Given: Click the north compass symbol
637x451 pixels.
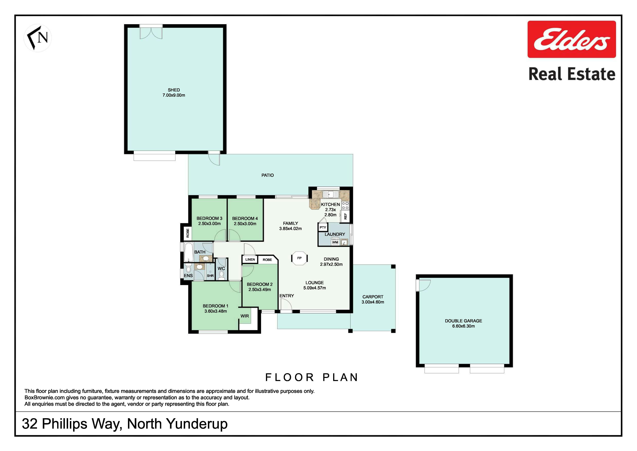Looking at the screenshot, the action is click(38, 38).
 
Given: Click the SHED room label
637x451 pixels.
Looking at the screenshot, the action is click(174, 90).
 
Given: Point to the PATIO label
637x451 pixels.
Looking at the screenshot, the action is click(267, 175).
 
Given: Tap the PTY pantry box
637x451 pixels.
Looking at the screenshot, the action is click(323, 227).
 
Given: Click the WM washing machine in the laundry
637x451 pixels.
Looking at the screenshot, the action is click(335, 242).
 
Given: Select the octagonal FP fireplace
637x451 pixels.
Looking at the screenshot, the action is click(299, 258).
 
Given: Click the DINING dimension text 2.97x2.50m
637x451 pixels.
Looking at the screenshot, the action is click(331, 264).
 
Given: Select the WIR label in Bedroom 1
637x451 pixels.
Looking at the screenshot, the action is click(245, 316).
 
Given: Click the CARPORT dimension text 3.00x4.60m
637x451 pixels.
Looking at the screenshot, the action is click(373, 302).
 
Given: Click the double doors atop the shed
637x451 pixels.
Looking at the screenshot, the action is click(151, 32).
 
